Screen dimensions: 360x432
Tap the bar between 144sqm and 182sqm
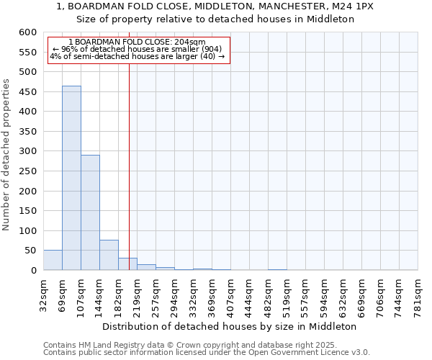(109, 255)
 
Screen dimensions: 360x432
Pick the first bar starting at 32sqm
(53, 260)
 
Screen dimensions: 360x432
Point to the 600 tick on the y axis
(27, 32)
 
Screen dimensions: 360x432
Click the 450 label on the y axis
(27, 112)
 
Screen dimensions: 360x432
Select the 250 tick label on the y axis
(27, 191)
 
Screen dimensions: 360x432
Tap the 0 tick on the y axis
(33, 270)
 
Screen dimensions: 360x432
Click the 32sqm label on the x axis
(43, 293)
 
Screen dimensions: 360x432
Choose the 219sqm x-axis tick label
(137, 295)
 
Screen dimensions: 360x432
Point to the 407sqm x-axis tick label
(230, 295)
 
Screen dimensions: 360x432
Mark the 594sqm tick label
(324, 295)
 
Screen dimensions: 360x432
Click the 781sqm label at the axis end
(418, 295)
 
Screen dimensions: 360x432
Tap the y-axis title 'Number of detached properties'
(7, 156)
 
